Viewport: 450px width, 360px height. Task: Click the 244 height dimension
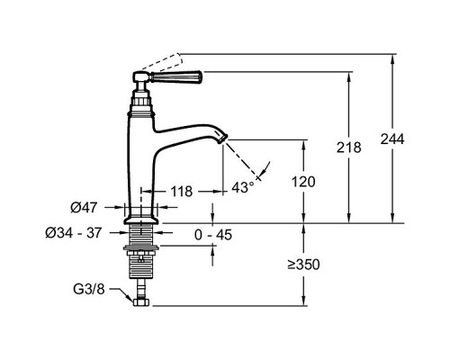[x=392, y=139]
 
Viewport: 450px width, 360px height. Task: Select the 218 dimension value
[x=348, y=148]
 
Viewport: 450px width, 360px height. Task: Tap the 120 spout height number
[x=303, y=182]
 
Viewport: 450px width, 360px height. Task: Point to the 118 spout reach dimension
[x=182, y=192]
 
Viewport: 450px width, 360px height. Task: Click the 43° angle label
[x=243, y=188]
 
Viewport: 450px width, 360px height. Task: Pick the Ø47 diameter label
[x=84, y=208]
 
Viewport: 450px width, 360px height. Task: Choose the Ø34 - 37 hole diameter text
[x=74, y=233]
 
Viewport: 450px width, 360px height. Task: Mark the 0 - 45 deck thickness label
[x=213, y=235]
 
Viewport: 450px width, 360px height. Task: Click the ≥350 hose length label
[x=303, y=265]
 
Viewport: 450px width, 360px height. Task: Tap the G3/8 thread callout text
[x=89, y=290]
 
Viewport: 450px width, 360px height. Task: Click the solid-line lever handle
[x=176, y=77]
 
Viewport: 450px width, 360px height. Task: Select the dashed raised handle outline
[x=162, y=62]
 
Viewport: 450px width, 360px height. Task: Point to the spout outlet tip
[x=224, y=139]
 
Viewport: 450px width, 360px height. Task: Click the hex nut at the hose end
[x=140, y=301]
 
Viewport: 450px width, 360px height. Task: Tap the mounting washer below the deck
[x=140, y=247]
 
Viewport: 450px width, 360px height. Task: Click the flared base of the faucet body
[x=140, y=220]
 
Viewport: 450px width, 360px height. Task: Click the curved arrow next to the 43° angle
[x=265, y=169]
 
